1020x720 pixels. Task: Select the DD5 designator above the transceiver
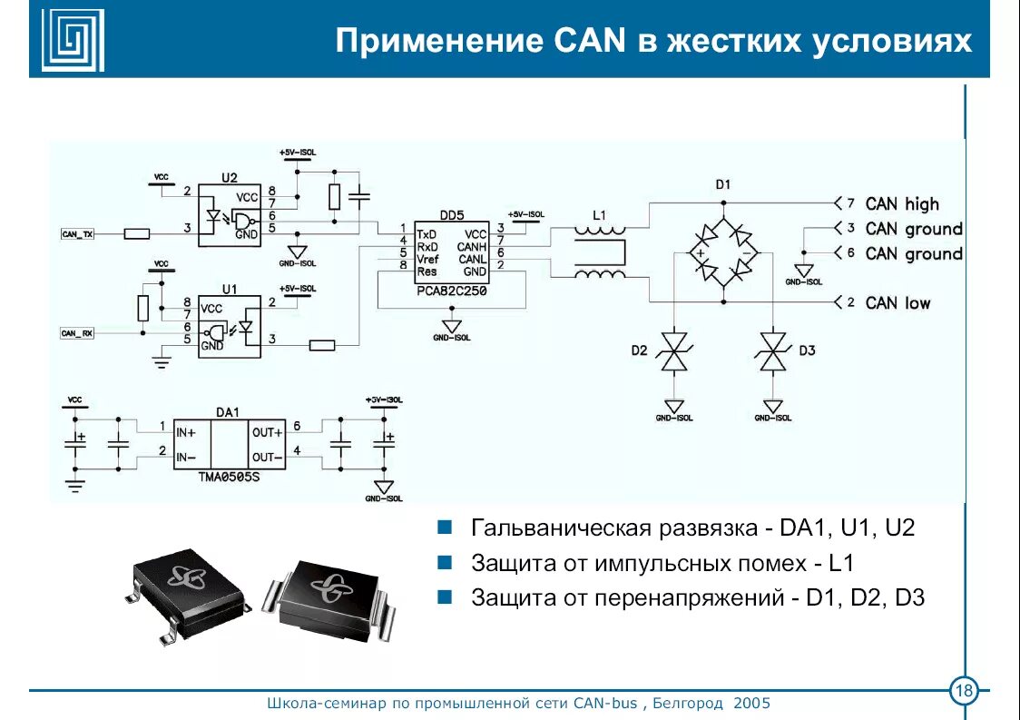point(451,215)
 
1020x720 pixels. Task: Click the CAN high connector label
point(902,204)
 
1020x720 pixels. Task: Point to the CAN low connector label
point(897,302)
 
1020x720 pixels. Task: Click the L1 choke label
point(598,215)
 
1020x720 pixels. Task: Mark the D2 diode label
point(639,350)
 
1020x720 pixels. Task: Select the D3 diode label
point(807,350)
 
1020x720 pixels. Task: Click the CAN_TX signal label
point(77,234)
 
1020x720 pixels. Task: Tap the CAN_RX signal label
point(77,333)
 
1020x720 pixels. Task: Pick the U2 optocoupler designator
point(229,177)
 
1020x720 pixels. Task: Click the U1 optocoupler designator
point(229,289)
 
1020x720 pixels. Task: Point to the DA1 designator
point(228,411)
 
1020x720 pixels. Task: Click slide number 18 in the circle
point(963,693)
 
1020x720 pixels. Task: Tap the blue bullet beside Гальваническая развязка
point(445,528)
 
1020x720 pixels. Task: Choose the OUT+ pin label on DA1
point(268,433)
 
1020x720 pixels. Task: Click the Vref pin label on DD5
point(427,259)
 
